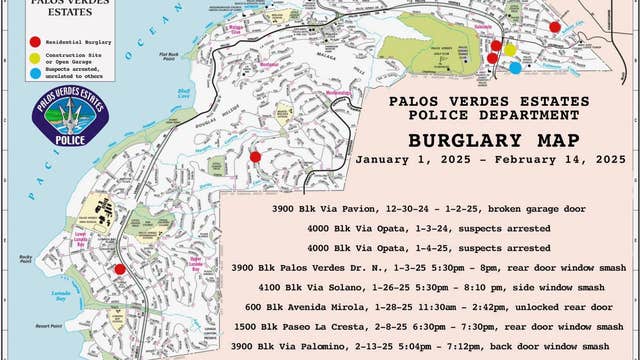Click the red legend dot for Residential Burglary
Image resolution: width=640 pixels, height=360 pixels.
pos(35,42)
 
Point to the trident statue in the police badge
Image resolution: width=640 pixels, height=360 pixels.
pos(69,112)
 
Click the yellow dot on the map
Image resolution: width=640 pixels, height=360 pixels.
pos(509,49)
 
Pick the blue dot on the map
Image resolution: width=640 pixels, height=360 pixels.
pos(515,68)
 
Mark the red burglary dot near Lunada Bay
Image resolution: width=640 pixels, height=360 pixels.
pos(120,268)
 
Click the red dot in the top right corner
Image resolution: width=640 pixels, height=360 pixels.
pos(555,27)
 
